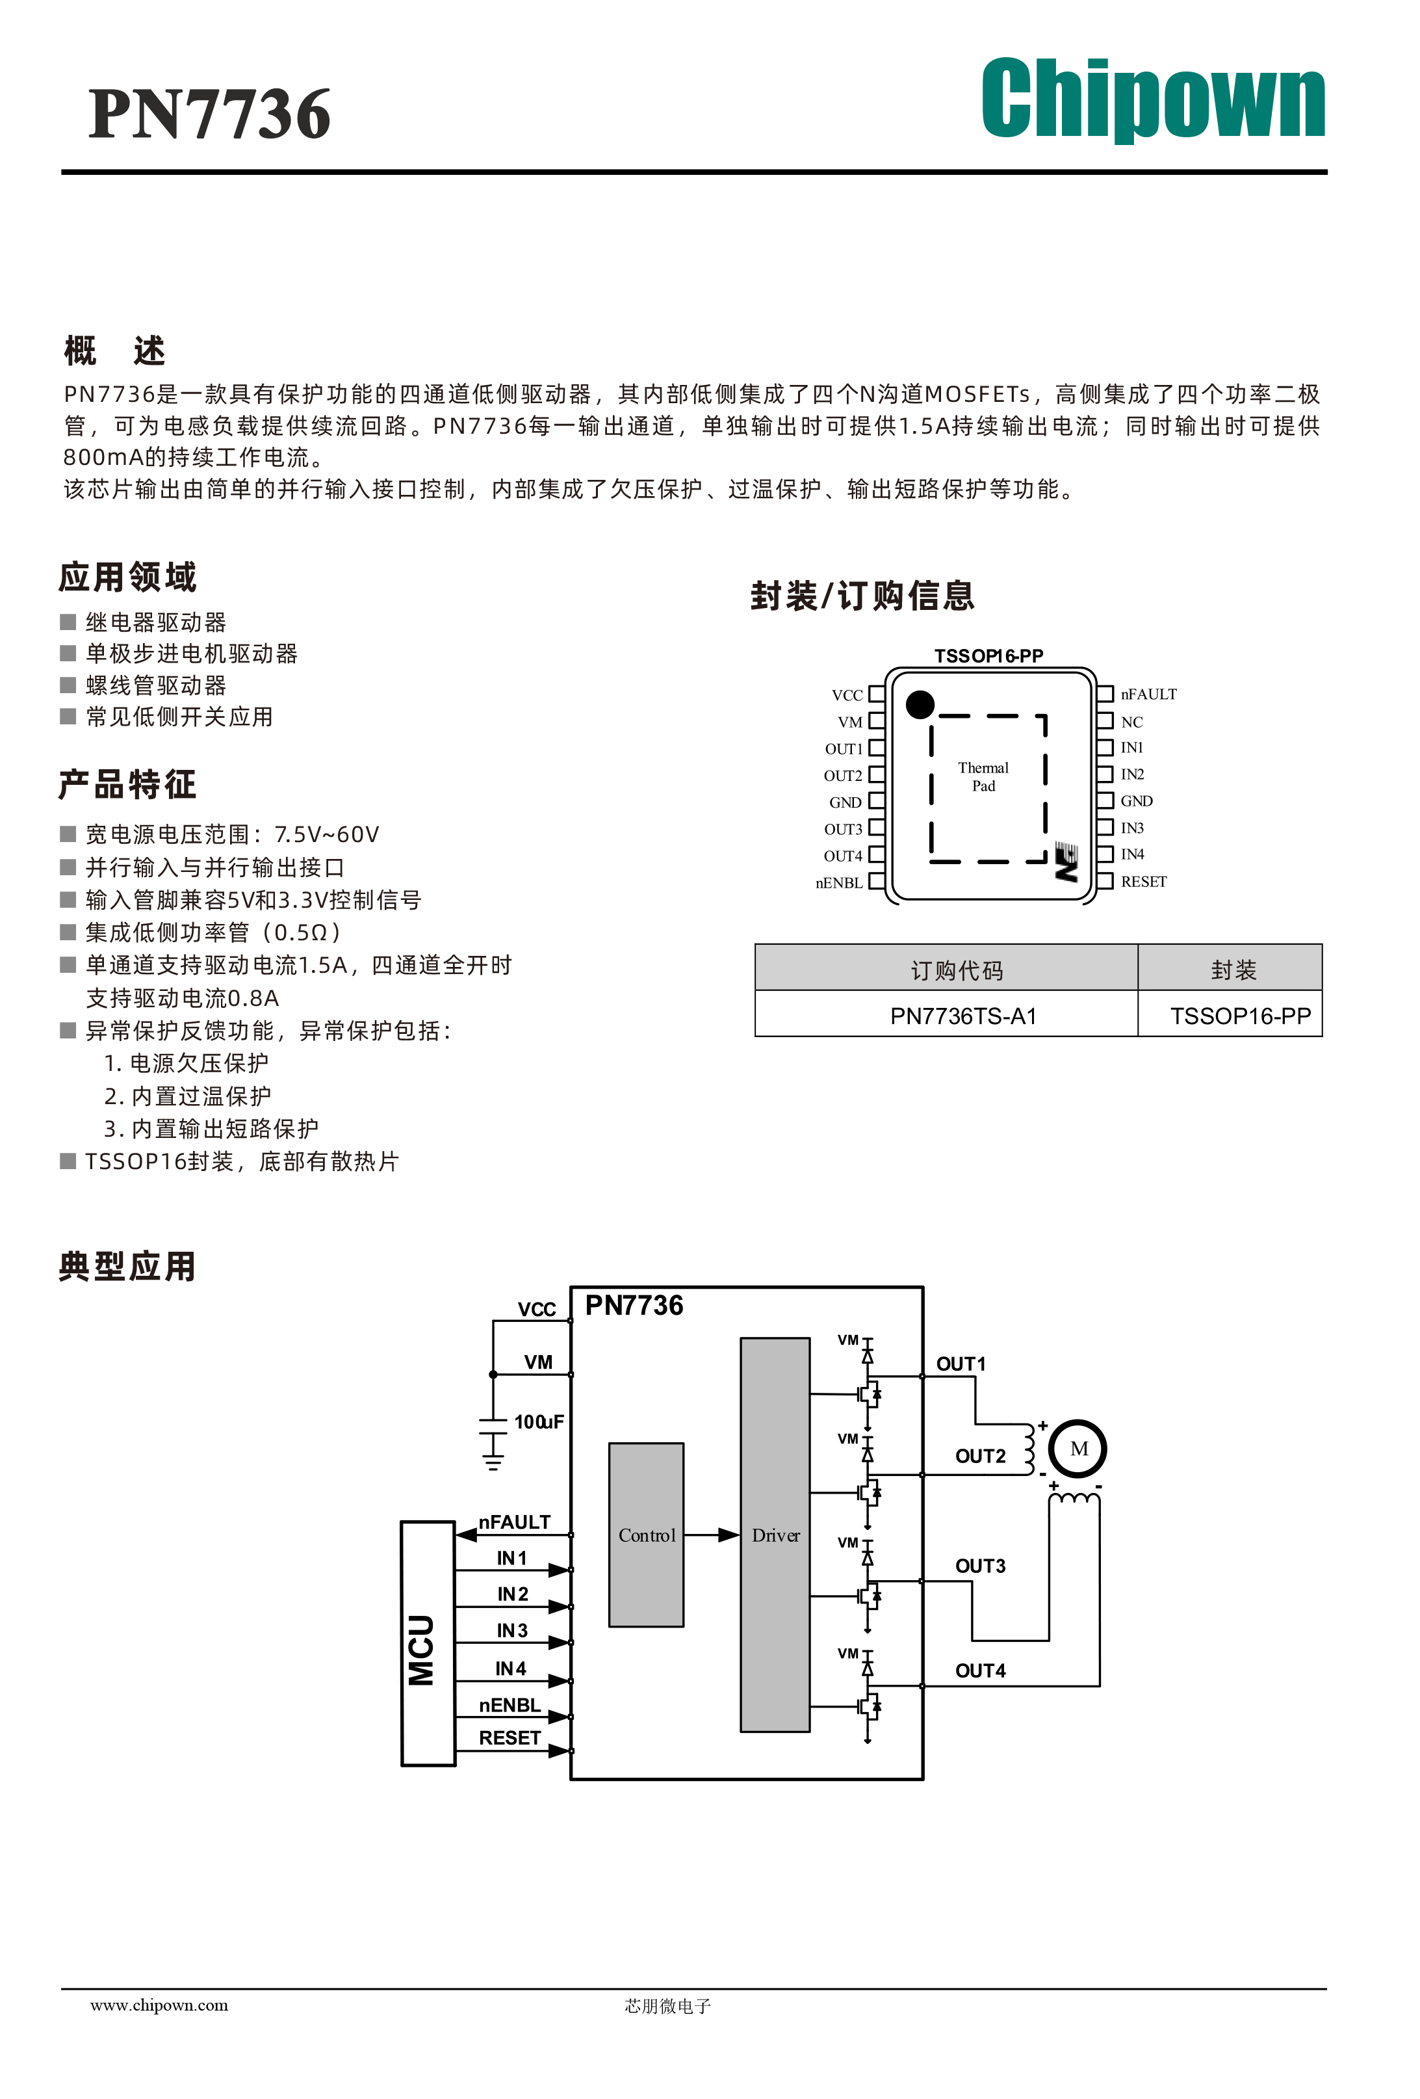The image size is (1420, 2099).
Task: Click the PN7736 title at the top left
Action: click(209, 114)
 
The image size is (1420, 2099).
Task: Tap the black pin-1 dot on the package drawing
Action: click(919, 704)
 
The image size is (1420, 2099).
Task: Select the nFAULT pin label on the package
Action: click(1148, 694)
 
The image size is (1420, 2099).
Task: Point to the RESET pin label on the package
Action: click(1144, 882)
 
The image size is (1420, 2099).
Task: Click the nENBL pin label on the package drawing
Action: click(838, 882)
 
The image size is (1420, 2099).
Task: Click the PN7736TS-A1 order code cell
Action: click(963, 1016)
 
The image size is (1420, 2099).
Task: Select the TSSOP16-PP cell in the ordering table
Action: click(1241, 1016)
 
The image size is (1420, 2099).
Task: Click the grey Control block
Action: click(647, 1535)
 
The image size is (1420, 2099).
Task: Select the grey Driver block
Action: click(775, 1535)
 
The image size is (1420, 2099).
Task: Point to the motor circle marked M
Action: click(1077, 1449)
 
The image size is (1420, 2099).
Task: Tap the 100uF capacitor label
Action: click(539, 1421)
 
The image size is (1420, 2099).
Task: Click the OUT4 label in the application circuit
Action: click(981, 1671)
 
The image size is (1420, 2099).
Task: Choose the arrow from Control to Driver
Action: click(712, 1535)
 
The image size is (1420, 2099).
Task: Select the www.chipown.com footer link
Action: click(159, 2005)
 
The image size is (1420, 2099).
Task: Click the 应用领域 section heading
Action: click(127, 576)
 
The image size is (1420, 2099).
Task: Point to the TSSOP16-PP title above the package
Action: click(988, 655)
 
